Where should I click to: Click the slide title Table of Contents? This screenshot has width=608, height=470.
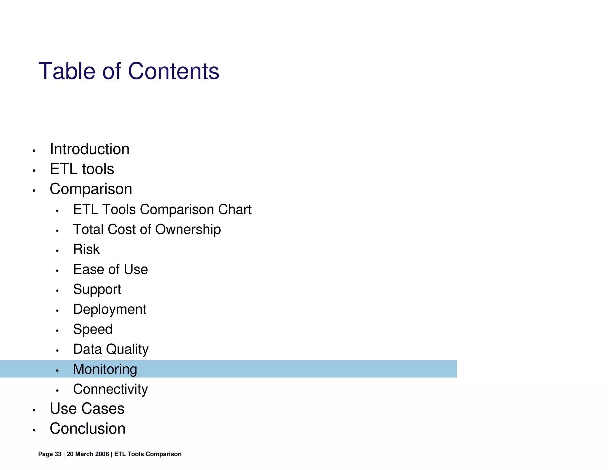pos(129,71)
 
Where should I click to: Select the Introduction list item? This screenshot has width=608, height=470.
pos(89,149)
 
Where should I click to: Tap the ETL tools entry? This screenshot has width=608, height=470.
pos(82,169)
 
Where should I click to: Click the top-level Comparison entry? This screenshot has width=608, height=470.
pos(91,189)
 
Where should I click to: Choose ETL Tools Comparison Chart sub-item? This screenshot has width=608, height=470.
pos(162,209)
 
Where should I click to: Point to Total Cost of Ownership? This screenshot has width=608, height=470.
pos(147,229)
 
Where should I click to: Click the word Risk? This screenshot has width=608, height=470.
pos(86,249)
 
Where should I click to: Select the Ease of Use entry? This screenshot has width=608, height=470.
pos(110,269)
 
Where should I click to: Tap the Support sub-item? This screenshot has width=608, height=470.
pos(97,289)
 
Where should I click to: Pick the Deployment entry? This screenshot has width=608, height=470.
pos(110,309)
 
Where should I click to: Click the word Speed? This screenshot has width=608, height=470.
pos(93,329)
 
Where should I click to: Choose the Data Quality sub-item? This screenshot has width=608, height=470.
pos(111,349)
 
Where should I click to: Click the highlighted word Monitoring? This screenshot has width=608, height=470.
pos(105,369)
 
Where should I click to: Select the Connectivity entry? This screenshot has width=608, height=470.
pos(110,389)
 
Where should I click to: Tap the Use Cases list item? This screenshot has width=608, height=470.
pos(87,409)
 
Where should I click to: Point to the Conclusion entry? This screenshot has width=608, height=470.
pos(88,428)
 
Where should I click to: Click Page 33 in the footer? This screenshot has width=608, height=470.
pos(50,454)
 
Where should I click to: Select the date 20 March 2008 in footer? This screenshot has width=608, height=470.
pos(88,454)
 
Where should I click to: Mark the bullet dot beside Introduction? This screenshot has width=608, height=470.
pos(34,151)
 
